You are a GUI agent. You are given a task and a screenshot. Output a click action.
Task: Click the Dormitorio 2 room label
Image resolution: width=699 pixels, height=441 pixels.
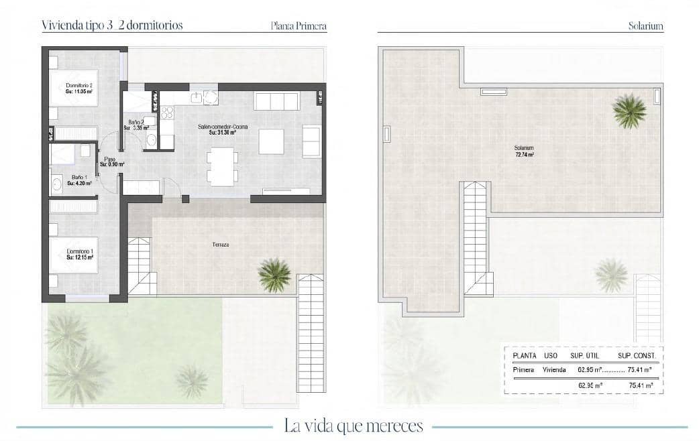(x=79, y=86)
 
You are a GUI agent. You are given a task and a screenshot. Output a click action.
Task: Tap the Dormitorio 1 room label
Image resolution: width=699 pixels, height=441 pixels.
(x=79, y=252)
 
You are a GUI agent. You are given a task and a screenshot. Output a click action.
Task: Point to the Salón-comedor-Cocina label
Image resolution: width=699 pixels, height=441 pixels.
(x=222, y=127)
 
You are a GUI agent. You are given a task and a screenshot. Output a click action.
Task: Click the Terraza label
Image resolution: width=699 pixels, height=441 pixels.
(x=221, y=245)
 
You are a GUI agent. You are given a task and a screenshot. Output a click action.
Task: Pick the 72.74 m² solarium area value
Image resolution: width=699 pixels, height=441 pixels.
(x=524, y=155)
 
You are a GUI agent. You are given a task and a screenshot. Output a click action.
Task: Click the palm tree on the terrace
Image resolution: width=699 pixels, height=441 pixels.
(x=275, y=274)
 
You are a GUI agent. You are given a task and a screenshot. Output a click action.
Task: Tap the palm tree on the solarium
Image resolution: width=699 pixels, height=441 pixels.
(x=629, y=110)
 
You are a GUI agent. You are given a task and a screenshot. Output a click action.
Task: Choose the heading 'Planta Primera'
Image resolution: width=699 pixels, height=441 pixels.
(x=299, y=27)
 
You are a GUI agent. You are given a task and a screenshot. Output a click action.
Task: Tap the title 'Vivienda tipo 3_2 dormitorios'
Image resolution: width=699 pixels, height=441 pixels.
(x=112, y=25)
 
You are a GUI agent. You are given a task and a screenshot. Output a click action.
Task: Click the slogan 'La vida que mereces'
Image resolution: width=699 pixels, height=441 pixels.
(x=354, y=426)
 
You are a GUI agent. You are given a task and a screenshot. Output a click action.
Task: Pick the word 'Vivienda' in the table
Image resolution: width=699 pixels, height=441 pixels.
(x=554, y=369)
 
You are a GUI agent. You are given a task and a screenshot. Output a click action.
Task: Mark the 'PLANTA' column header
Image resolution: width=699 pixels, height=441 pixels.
(x=524, y=356)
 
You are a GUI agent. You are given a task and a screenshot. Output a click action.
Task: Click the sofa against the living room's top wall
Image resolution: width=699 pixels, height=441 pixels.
(x=276, y=101)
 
